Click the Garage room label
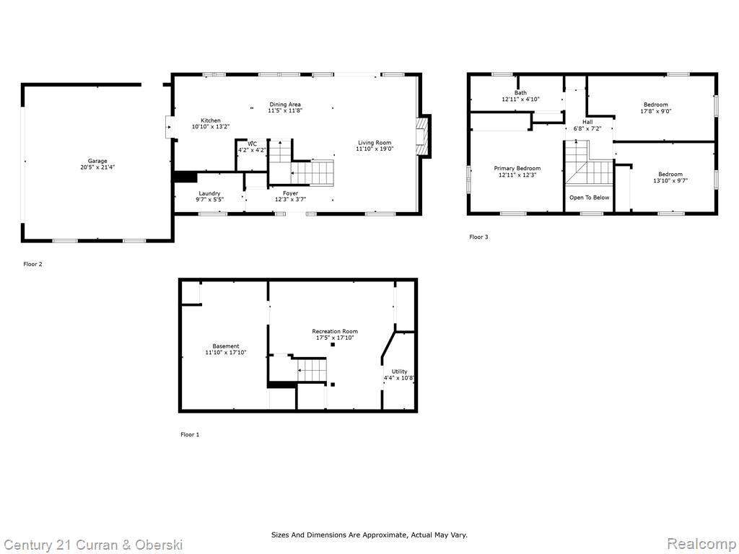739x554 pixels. [97, 161]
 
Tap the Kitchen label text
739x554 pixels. [210, 120]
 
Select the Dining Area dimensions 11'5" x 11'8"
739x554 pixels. [285, 110]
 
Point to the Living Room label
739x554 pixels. [375, 143]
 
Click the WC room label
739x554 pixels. [252, 144]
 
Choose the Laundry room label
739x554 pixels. [209, 193]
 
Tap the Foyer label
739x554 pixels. [290, 193]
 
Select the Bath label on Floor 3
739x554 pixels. [521, 93]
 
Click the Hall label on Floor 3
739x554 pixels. [587, 122]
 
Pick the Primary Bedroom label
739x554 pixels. [517, 169]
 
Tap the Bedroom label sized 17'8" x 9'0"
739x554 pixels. [655, 105]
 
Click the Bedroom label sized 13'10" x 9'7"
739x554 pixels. [670, 175]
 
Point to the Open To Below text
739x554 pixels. [589, 198]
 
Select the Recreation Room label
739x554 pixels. [335, 331]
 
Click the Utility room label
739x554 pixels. [399, 371]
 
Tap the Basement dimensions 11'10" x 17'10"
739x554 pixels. [226, 352]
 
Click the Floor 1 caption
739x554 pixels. [190, 434]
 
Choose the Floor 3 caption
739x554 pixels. [478, 237]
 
